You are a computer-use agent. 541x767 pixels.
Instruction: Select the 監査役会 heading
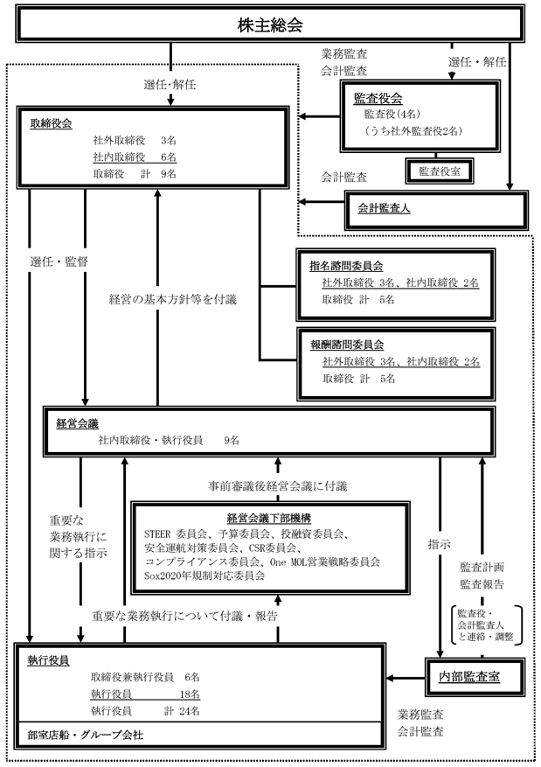point(378,97)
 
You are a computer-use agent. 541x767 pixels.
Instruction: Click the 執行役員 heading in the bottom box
point(49,659)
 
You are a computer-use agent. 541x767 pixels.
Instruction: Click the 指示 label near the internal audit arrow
point(439,542)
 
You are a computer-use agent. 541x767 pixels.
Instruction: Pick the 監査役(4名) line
point(395,114)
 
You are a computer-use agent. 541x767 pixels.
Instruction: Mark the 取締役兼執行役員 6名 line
point(145,677)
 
